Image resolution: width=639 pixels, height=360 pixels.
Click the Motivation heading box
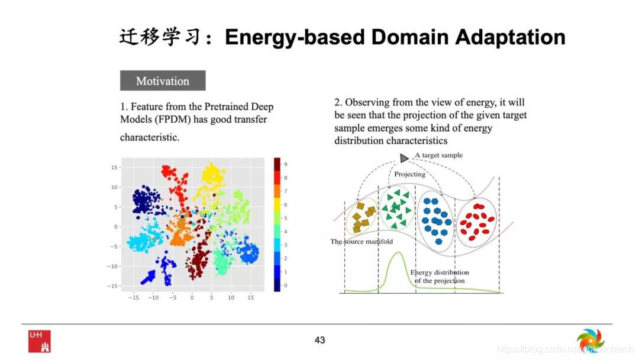163,81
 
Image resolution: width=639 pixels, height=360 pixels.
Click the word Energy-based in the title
295,37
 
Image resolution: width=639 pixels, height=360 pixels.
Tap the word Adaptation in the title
510,37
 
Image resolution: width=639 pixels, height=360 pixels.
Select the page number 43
320,340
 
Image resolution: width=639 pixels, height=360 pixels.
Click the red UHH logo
40,341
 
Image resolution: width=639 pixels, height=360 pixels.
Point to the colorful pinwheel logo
590,341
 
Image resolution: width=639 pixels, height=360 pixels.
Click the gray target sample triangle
404,158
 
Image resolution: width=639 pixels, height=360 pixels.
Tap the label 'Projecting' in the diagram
409,174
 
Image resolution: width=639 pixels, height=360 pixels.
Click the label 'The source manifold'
362,242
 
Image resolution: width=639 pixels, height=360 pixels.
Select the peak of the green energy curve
398,253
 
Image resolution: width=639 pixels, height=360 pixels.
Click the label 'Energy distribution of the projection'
439,277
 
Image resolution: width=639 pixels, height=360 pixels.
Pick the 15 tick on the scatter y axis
114,167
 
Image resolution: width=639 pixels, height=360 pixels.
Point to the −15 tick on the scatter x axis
134,298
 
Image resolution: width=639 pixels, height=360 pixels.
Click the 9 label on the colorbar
286,164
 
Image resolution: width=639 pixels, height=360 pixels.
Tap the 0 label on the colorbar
285,285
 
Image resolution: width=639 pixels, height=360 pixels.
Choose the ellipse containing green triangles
396,208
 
